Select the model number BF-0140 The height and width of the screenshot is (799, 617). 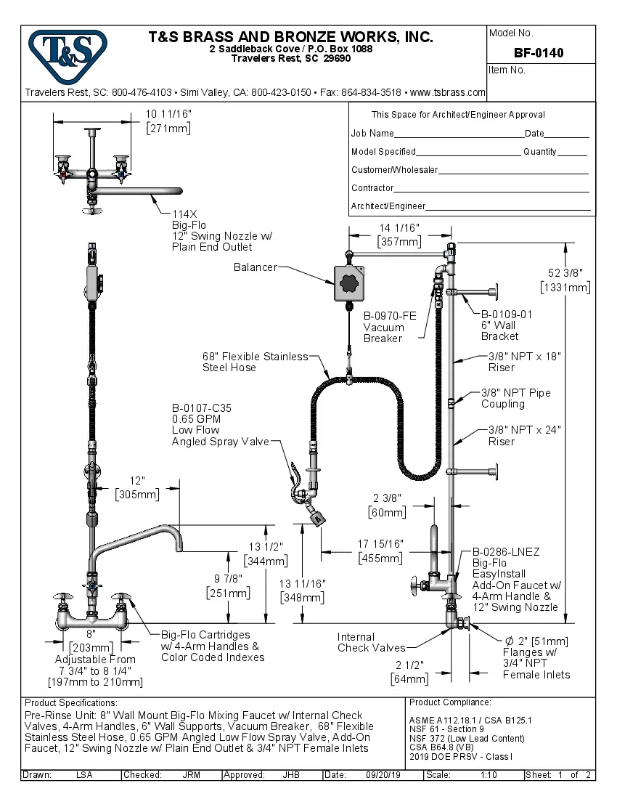tap(539, 52)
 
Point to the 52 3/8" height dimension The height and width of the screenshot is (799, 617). tap(565, 280)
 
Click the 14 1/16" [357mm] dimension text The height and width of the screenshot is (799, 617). tap(399, 235)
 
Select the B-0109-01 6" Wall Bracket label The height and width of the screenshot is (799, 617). tap(506, 325)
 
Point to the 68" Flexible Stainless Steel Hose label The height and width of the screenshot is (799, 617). tap(255, 362)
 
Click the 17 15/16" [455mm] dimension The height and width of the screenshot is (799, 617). tap(380, 551)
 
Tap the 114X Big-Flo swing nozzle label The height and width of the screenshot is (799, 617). tap(212, 231)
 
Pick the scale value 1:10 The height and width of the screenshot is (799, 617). tap(489, 775)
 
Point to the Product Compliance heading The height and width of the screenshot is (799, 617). tap(450, 702)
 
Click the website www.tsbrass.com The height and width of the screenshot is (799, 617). tap(448, 92)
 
